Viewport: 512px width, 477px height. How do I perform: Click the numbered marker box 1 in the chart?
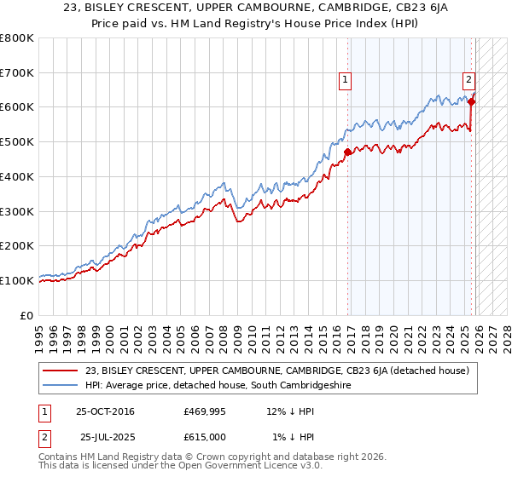pyautogui.click(x=346, y=81)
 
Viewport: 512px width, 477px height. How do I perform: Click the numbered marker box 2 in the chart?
pyautogui.click(x=468, y=81)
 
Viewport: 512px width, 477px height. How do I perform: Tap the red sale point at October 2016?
pyautogui.click(x=347, y=152)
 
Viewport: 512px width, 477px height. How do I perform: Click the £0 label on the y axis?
pyautogui.click(x=26, y=314)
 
